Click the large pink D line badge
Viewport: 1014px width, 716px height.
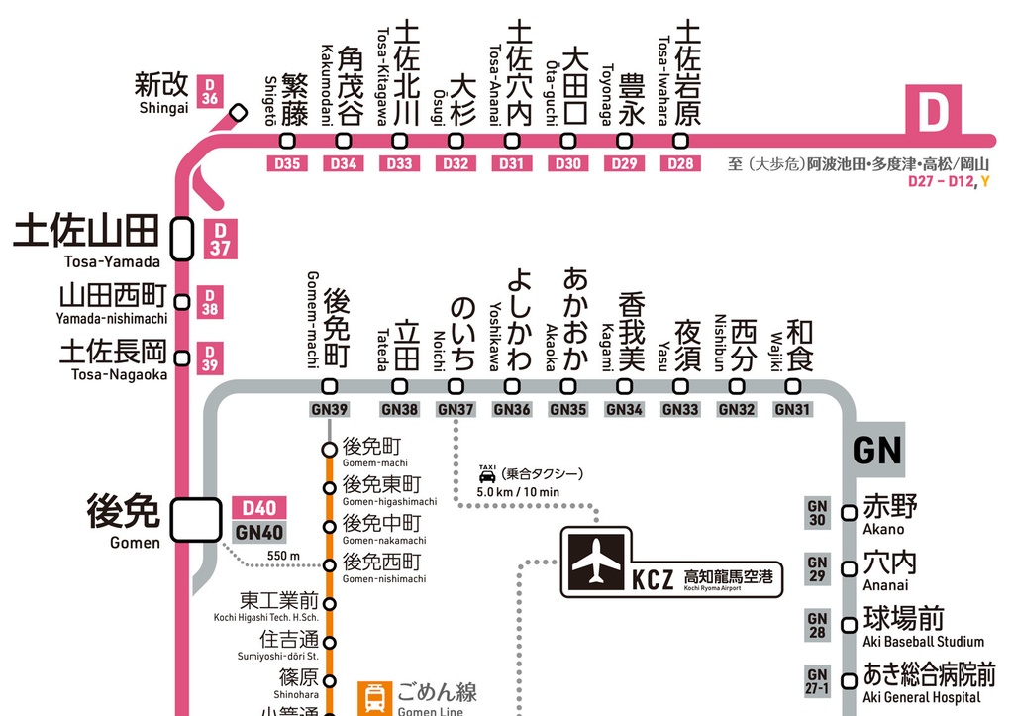(934, 112)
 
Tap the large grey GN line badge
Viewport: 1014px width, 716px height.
(876, 451)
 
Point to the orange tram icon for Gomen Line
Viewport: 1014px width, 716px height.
(375, 697)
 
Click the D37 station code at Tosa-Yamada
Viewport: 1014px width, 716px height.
(219, 239)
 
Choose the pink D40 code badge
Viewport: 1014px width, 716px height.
(258, 508)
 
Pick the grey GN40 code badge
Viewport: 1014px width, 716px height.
(258, 532)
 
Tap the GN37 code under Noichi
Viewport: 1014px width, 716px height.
(456, 409)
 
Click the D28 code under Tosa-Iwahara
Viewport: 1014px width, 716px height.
(681, 163)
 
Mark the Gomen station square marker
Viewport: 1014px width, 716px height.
(194, 520)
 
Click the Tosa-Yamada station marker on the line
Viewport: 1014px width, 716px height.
(182, 238)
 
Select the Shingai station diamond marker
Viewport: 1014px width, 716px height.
(238, 112)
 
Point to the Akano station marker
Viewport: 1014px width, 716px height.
(849, 513)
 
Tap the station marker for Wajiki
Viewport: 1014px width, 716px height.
(793, 387)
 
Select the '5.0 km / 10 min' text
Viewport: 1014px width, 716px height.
(518, 492)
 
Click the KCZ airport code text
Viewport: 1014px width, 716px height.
(654, 577)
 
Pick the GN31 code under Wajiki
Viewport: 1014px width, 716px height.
(793, 409)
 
